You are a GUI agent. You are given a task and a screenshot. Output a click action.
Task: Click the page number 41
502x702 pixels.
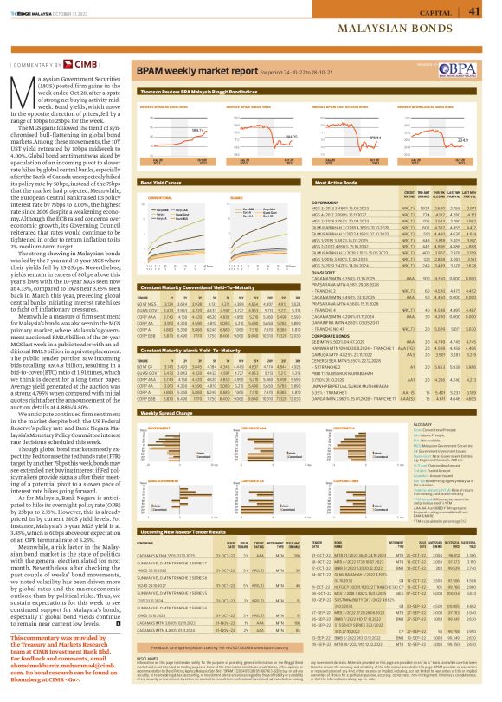click(x=473, y=10)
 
